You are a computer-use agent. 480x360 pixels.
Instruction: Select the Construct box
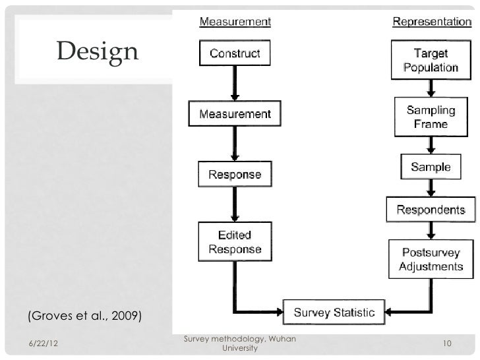pos(235,53)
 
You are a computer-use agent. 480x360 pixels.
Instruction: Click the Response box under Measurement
pos(235,175)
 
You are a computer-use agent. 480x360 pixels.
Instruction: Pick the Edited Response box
pos(235,242)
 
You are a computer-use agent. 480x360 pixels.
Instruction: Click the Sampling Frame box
pos(431,117)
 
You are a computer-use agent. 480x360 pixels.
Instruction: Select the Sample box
pos(431,167)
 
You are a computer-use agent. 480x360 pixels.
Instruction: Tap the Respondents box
pos(431,210)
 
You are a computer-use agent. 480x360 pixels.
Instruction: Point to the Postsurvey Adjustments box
pos(431,259)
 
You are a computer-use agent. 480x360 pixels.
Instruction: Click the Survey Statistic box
pos(334,311)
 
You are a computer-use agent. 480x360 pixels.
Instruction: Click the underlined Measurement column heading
pos(235,21)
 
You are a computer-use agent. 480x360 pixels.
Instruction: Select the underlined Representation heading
pos(432,21)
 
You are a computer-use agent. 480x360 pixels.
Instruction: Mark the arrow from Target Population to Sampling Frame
pos(431,88)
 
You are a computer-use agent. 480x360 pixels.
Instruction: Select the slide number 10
pos(446,344)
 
